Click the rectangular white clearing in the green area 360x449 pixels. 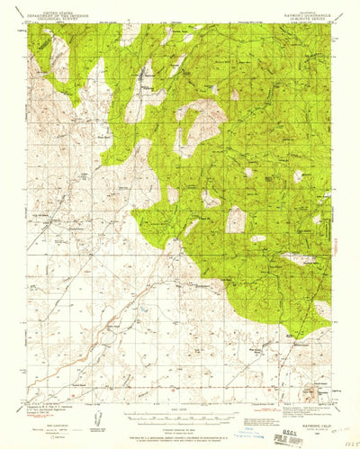[x=236, y=220]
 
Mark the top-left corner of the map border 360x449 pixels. [x=28, y=24]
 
